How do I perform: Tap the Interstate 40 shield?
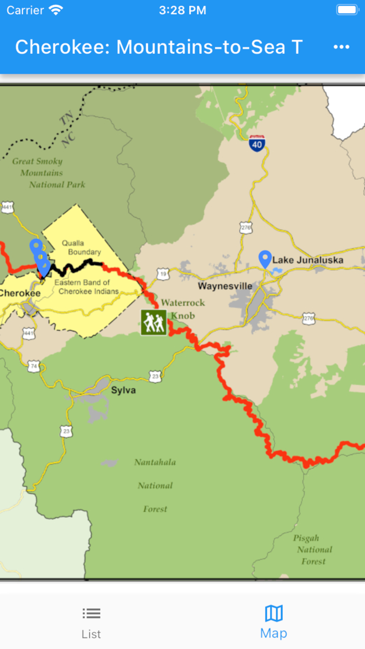[x=257, y=143]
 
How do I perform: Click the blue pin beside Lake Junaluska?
[x=265, y=259]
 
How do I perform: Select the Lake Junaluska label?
[x=308, y=260]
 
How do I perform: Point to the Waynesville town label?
[x=225, y=286]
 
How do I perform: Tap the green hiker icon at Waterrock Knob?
[x=154, y=323]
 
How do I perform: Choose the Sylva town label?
[x=123, y=390]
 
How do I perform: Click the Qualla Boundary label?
[x=81, y=247]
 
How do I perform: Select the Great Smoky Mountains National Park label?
[x=48, y=173]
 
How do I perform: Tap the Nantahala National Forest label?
[x=155, y=485]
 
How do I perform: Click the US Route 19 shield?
[x=163, y=274]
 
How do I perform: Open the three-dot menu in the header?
[x=341, y=47]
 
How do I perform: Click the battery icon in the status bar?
[x=347, y=10]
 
